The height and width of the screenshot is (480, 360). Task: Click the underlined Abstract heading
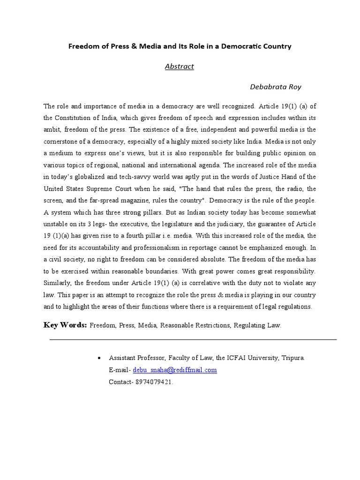(x=179, y=67)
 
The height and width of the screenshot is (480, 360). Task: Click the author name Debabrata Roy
(x=276, y=87)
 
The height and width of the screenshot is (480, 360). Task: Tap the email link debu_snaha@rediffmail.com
(x=175, y=370)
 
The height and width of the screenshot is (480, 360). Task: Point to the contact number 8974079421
(x=154, y=382)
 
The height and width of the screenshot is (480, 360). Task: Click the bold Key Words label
(x=65, y=325)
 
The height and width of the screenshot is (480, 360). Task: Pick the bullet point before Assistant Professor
(x=98, y=358)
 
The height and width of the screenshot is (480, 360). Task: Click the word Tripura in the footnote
(x=293, y=358)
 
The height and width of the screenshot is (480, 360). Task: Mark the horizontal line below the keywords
(x=193, y=339)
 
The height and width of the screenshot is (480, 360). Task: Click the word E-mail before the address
(x=119, y=370)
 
